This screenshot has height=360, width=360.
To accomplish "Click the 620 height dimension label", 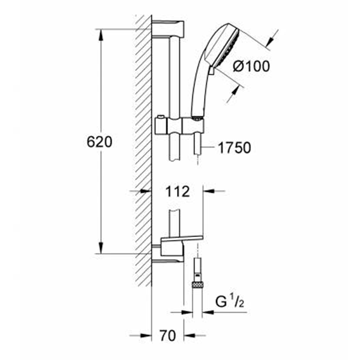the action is (100, 142).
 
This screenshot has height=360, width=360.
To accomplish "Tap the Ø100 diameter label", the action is (251, 67).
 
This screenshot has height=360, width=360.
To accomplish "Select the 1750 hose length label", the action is (234, 148).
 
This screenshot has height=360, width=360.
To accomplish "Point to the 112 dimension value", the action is (178, 191).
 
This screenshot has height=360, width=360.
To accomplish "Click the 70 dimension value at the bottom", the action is (168, 335).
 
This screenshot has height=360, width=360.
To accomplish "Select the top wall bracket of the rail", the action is (168, 29).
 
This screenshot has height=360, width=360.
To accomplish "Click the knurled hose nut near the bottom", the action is (197, 285).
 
